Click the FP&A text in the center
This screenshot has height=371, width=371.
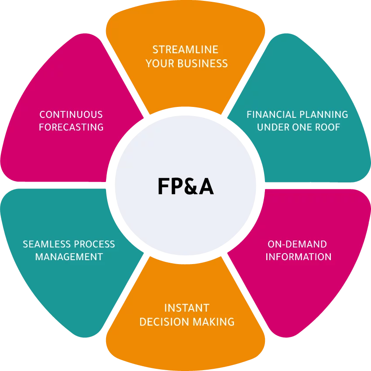coord(185,187)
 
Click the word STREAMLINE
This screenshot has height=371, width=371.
coord(185,49)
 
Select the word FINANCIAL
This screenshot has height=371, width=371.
coord(271,115)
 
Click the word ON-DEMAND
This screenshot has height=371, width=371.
coord(297,244)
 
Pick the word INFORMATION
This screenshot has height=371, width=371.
coord(299,257)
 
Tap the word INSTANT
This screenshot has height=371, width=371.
coord(187,308)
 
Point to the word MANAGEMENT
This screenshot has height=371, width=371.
coord(69,257)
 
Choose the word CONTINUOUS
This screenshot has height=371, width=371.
coord(71,115)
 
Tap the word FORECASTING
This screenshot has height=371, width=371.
coord(71,127)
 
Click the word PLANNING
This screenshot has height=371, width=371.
coord(323,115)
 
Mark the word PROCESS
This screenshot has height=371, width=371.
coord(95,244)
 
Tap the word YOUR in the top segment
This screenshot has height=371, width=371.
coord(159,64)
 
